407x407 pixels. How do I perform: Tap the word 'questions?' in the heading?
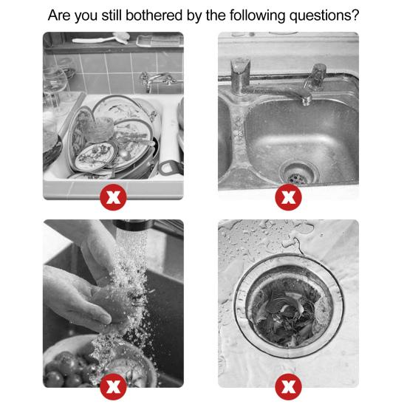[326, 15]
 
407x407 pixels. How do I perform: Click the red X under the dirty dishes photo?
[112, 199]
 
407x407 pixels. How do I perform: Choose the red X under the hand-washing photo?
[112, 387]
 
